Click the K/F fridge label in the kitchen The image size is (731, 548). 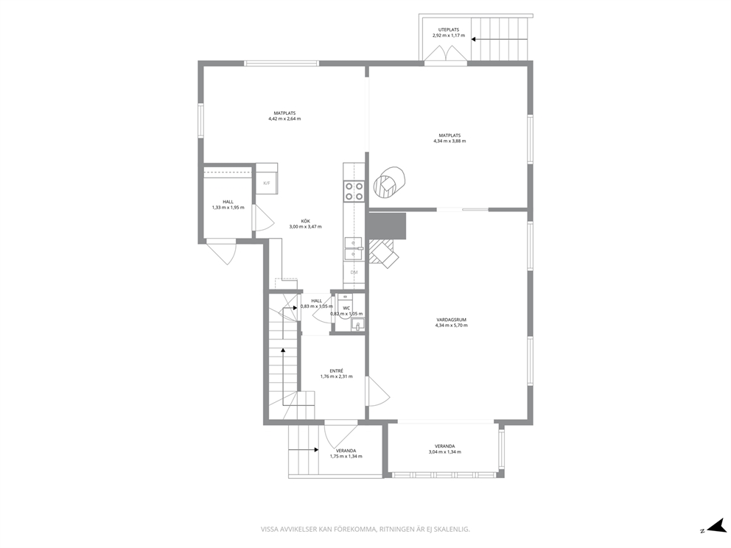pyautogui.click(x=267, y=183)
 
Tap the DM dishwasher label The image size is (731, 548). pyautogui.click(x=354, y=272)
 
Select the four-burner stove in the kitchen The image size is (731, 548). pyautogui.click(x=354, y=191)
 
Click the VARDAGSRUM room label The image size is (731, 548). pyautogui.click(x=451, y=320)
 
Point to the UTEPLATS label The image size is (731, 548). pyautogui.click(x=449, y=29)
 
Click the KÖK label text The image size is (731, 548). pyautogui.click(x=305, y=221)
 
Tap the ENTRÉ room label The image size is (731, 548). pyautogui.click(x=336, y=371)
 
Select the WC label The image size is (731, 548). pyautogui.click(x=346, y=308)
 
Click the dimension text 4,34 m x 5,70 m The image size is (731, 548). pyautogui.click(x=451, y=326)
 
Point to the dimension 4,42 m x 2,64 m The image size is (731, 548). pyautogui.click(x=284, y=119)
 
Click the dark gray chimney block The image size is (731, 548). pyautogui.click(x=387, y=226)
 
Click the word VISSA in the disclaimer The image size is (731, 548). pyautogui.click(x=269, y=529)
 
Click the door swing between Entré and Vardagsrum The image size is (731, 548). pyautogui.click(x=379, y=390)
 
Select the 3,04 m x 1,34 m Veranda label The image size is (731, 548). pyautogui.click(x=445, y=452)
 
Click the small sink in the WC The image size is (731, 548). pyautogui.click(x=358, y=324)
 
